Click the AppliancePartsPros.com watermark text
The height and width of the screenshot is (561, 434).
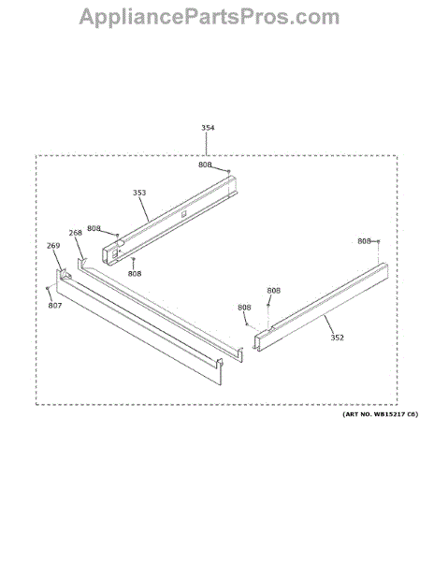point(209,17)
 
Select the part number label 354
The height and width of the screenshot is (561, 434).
point(208,128)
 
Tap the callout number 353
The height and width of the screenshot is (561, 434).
point(139,193)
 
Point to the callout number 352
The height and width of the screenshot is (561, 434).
point(337,338)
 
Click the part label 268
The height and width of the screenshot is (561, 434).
point(75,233)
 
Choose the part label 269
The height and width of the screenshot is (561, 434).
point(53,246)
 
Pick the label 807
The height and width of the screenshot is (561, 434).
point(55,306)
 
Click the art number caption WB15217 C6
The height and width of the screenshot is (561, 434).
point(380,414)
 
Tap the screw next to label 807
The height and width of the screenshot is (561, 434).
point(47,288)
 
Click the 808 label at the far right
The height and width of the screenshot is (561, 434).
point(364,241)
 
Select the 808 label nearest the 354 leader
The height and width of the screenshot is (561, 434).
point(205,165)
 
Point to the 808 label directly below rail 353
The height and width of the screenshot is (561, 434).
point(135,274)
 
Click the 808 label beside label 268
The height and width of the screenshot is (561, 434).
point(94,228)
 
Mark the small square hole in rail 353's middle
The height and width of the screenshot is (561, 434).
point(184,214)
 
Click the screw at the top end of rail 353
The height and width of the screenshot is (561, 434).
point(229,171)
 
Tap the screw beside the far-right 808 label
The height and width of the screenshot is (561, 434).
point(378,241)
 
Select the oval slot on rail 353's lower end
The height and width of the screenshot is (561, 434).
point(120,243)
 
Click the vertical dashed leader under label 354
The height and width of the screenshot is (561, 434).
point(207,143)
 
